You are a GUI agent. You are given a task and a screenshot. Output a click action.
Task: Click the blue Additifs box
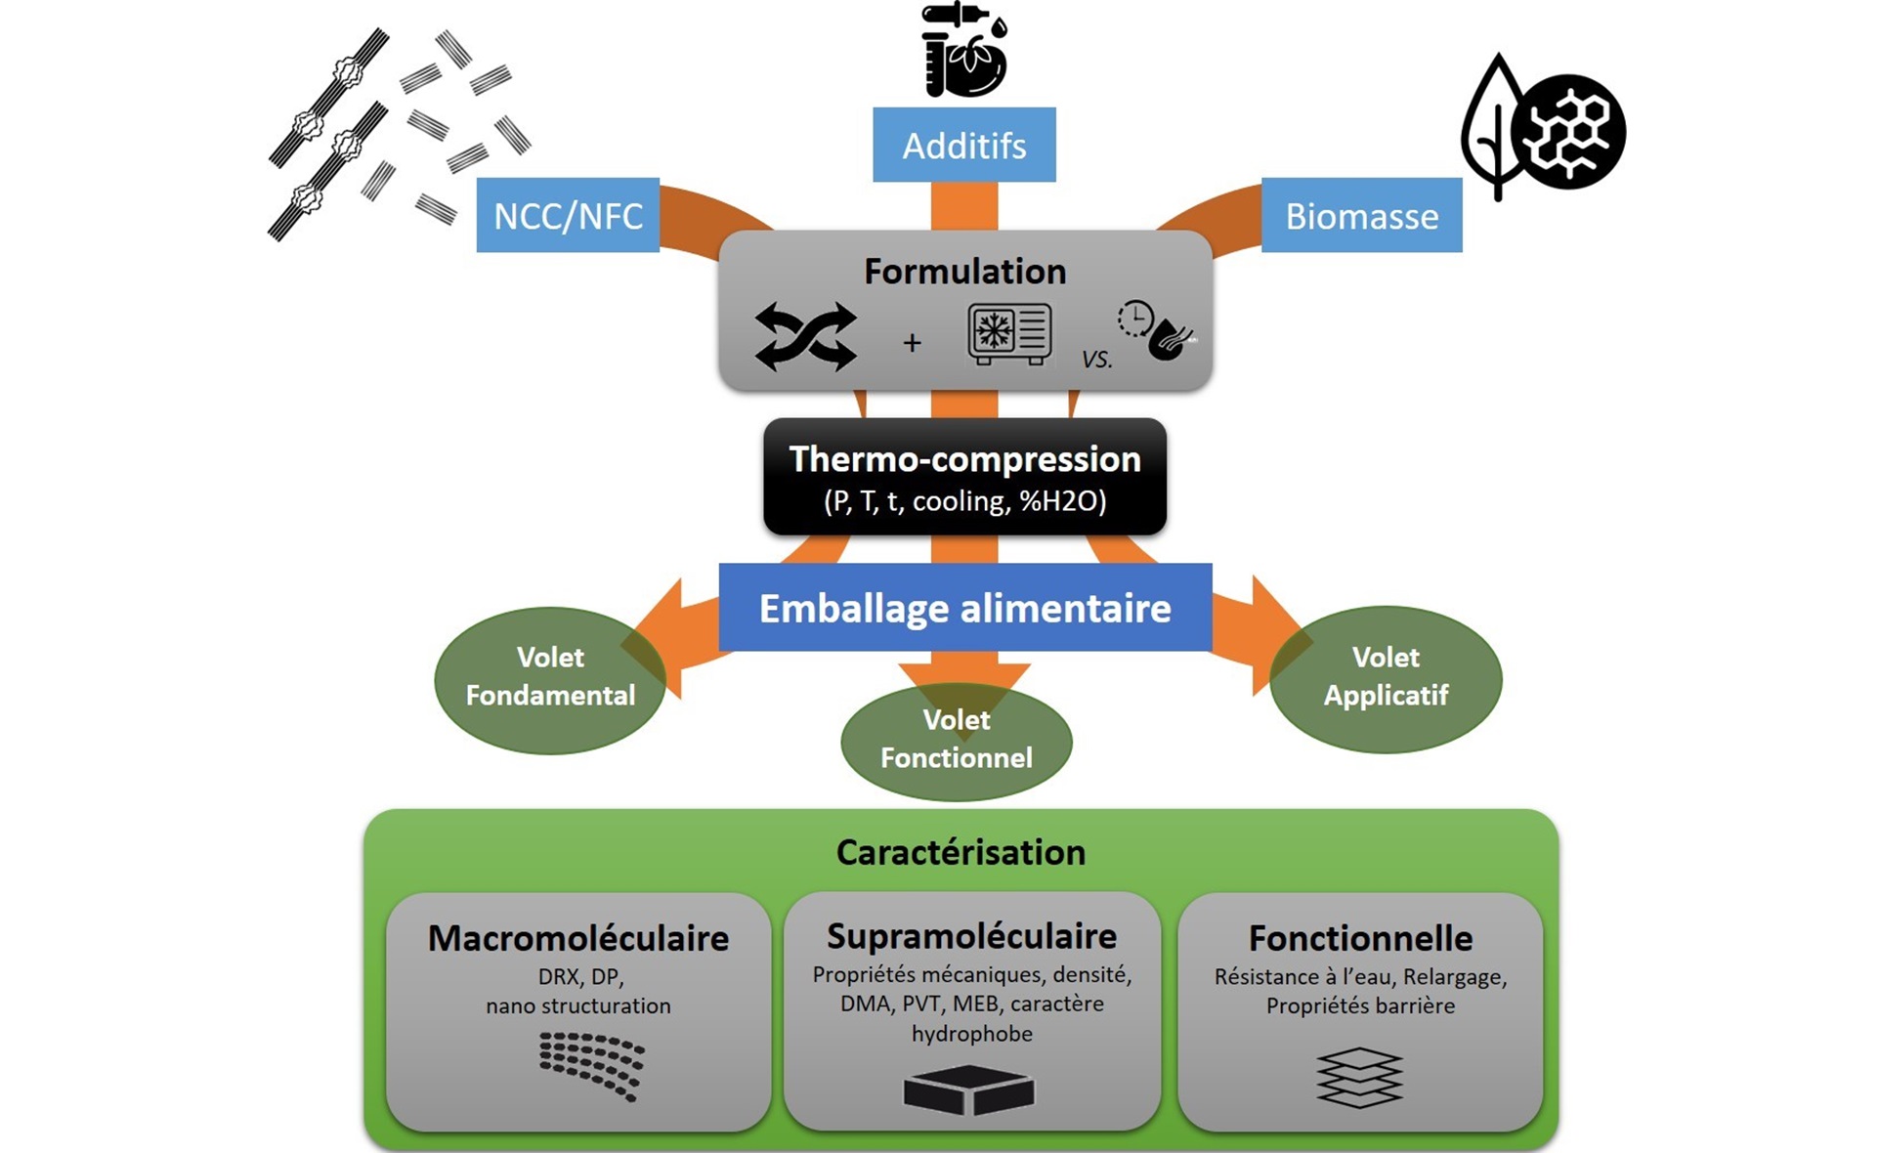click(963, 145)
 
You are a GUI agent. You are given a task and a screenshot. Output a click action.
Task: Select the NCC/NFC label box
click(568, 215)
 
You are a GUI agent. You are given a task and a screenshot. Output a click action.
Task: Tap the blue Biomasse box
click(1361, 215)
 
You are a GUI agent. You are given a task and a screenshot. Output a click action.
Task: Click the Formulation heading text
click(964, 271)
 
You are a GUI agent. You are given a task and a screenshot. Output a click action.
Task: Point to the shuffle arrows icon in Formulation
click(805, 337)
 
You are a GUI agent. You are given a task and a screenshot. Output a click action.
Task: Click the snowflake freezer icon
click(1009, 333)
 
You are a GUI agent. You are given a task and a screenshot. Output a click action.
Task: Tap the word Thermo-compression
click(964, 459)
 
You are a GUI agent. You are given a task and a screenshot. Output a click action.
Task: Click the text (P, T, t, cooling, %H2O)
click(964, 501)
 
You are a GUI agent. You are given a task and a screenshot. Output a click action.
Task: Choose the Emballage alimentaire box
click(964, 608)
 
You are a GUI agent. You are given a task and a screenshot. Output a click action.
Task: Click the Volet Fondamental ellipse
click(549, 679)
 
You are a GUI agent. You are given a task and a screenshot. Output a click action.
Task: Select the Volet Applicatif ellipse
click(1386, 678)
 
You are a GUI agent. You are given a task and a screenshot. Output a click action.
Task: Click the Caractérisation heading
click(961, 852)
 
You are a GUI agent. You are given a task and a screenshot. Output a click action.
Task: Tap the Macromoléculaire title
click(578, 938)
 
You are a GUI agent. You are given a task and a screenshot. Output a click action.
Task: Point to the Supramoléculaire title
click(971, 936)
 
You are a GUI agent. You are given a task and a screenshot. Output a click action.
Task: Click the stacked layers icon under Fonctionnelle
click(1359, 1078)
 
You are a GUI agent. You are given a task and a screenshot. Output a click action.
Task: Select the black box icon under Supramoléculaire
click(968, 1089)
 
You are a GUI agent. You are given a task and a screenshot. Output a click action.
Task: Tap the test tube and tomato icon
click(963, 51)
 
